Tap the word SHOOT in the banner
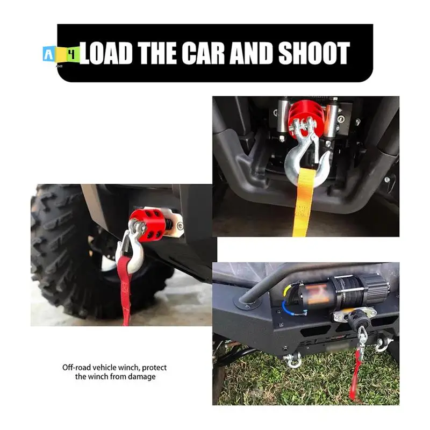point(314,53)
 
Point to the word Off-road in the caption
point(78,368)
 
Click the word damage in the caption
point(141,377)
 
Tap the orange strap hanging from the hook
point(304,207)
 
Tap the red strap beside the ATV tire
point(125,290)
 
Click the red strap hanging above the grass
point(356,379)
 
